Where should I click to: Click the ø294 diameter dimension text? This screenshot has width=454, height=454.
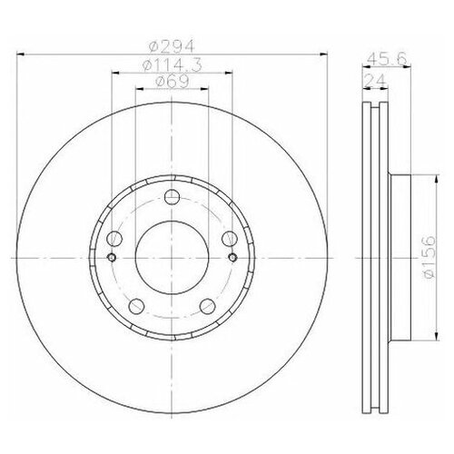point(170,46)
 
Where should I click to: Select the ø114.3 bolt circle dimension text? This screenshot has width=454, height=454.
point(170,64)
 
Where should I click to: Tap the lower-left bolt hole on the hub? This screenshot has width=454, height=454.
point(135,306)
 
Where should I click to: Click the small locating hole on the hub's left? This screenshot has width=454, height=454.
point(109,257)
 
